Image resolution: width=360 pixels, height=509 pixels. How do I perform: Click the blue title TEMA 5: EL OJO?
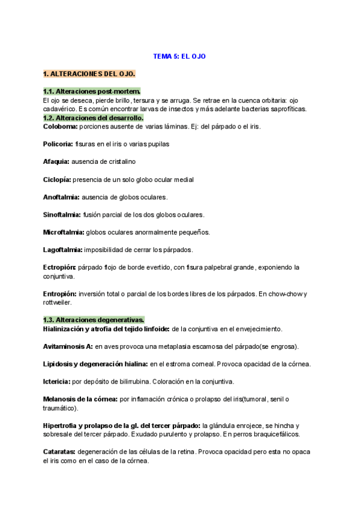coord(179,56)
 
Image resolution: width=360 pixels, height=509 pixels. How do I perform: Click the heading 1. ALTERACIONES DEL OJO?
coord(89,74)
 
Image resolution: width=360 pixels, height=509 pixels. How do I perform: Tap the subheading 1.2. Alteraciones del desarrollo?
coord(93,118)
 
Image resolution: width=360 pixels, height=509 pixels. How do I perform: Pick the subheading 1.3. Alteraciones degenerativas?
coord(94,320)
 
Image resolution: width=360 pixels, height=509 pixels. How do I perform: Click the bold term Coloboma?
coord(60,127)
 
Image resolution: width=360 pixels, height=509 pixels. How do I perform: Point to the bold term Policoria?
coord(58,144)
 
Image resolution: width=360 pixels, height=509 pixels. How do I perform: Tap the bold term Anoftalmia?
coord(61,197)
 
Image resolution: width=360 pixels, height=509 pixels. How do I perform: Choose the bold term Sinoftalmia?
coord(62,214)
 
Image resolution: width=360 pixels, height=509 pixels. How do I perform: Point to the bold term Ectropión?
coord(59,267)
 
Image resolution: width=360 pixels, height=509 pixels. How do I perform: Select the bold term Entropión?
coord(60,294)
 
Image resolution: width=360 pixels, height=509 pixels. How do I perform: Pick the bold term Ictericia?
coord(58,382)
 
